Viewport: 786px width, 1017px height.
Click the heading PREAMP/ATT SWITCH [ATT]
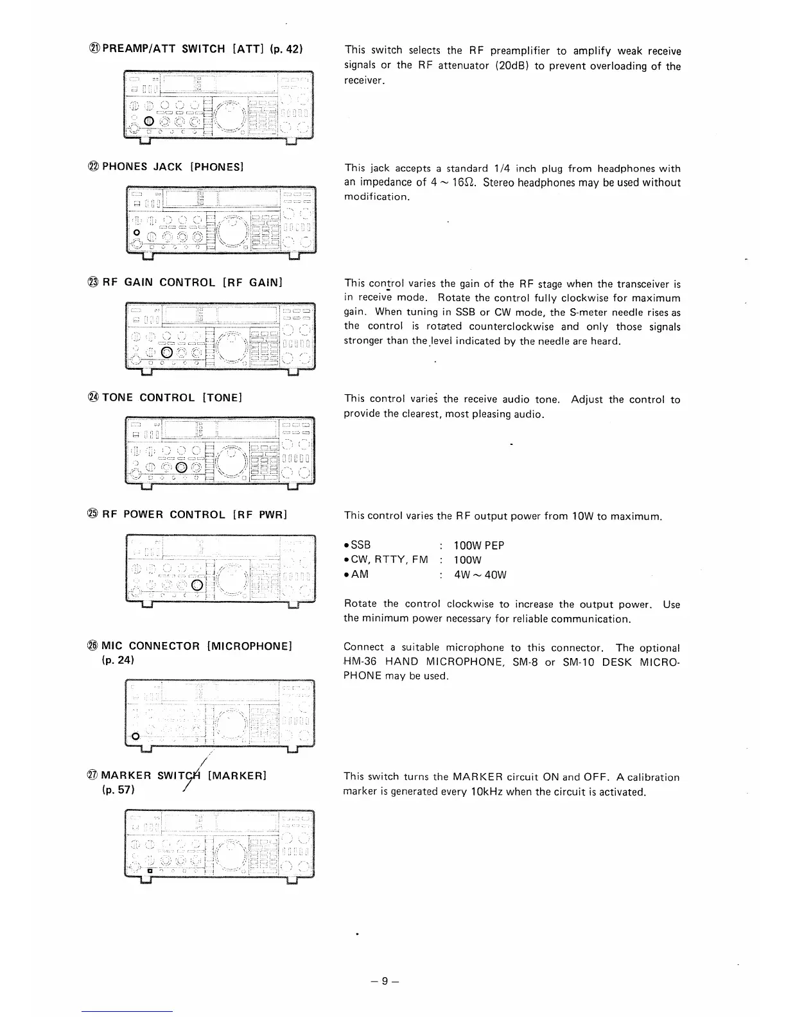click(x=200, y=49)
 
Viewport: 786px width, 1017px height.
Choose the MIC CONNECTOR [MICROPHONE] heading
click(x=197, y=646)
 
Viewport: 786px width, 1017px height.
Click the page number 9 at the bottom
click(x=384, y=981)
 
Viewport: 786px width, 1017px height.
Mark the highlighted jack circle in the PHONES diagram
click(x=136, y=232)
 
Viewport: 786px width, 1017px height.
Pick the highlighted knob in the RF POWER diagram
click(x=198, y=584)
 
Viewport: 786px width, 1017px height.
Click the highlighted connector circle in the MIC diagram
click(x=135, y=736)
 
